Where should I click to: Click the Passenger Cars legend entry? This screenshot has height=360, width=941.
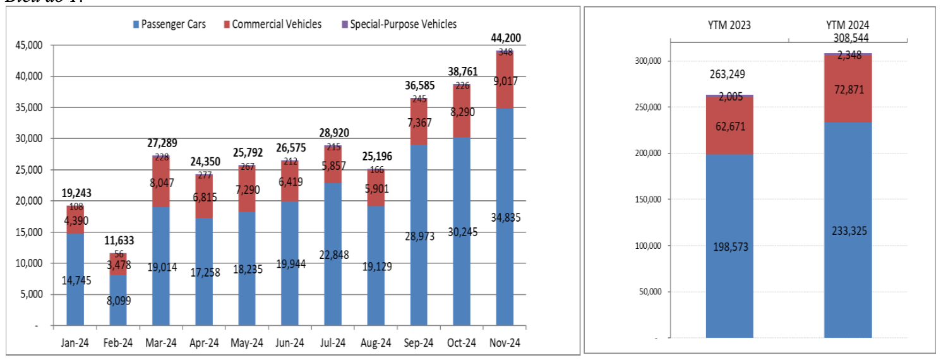click(x=169, y=25)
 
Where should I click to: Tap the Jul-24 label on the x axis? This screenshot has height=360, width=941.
click(x=332, y=343)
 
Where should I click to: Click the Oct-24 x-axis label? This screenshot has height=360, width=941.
click(x=461, y=343)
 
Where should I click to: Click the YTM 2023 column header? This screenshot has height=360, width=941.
click(x=729, y=25)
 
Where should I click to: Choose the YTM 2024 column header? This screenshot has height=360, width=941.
click(x=848, y=25)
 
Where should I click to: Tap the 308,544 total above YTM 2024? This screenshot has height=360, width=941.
click(x=848, y=39)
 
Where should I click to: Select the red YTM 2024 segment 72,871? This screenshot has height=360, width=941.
click(x=848, y=90)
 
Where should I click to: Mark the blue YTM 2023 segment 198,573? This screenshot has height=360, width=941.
click(x=729, y=246)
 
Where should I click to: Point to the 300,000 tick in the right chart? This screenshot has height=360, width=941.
click(x=645, y=61)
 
